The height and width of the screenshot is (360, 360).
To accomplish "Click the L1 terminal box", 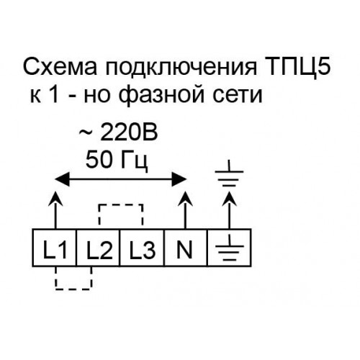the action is coord(54,248).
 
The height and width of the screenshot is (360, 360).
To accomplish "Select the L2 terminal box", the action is coord(98,248).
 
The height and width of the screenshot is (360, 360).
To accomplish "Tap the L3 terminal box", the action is coord(142,248).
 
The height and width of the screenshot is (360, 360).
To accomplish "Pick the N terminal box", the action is coord(186,248).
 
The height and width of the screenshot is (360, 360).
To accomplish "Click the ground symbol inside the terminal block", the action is coord(230,247).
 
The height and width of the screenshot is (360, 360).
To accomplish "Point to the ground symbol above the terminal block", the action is coord(229,174).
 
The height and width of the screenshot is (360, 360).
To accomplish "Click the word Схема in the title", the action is coord(60,66).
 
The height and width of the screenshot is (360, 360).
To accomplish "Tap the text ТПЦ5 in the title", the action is coord(297,67).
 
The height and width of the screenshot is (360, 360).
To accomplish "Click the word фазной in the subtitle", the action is coord(161,96).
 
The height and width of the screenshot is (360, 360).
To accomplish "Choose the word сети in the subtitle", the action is coord(237,96).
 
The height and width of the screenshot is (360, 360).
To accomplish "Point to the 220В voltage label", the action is coord(129,132).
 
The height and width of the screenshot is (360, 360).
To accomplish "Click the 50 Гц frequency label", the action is coord(117,160).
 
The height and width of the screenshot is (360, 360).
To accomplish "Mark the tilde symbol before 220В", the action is coord(86,132).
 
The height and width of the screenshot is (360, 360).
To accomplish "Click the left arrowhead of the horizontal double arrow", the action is coord(62,179).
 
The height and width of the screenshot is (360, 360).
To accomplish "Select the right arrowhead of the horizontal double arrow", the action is coord(179,179).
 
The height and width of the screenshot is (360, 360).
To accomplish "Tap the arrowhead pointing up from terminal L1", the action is coord(55,199).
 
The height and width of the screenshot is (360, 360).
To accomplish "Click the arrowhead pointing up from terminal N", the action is coord(185,199).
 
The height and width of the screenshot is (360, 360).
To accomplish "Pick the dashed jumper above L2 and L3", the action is coord(121,205).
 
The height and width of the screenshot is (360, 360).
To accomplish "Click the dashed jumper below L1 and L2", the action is coord(73,289).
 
